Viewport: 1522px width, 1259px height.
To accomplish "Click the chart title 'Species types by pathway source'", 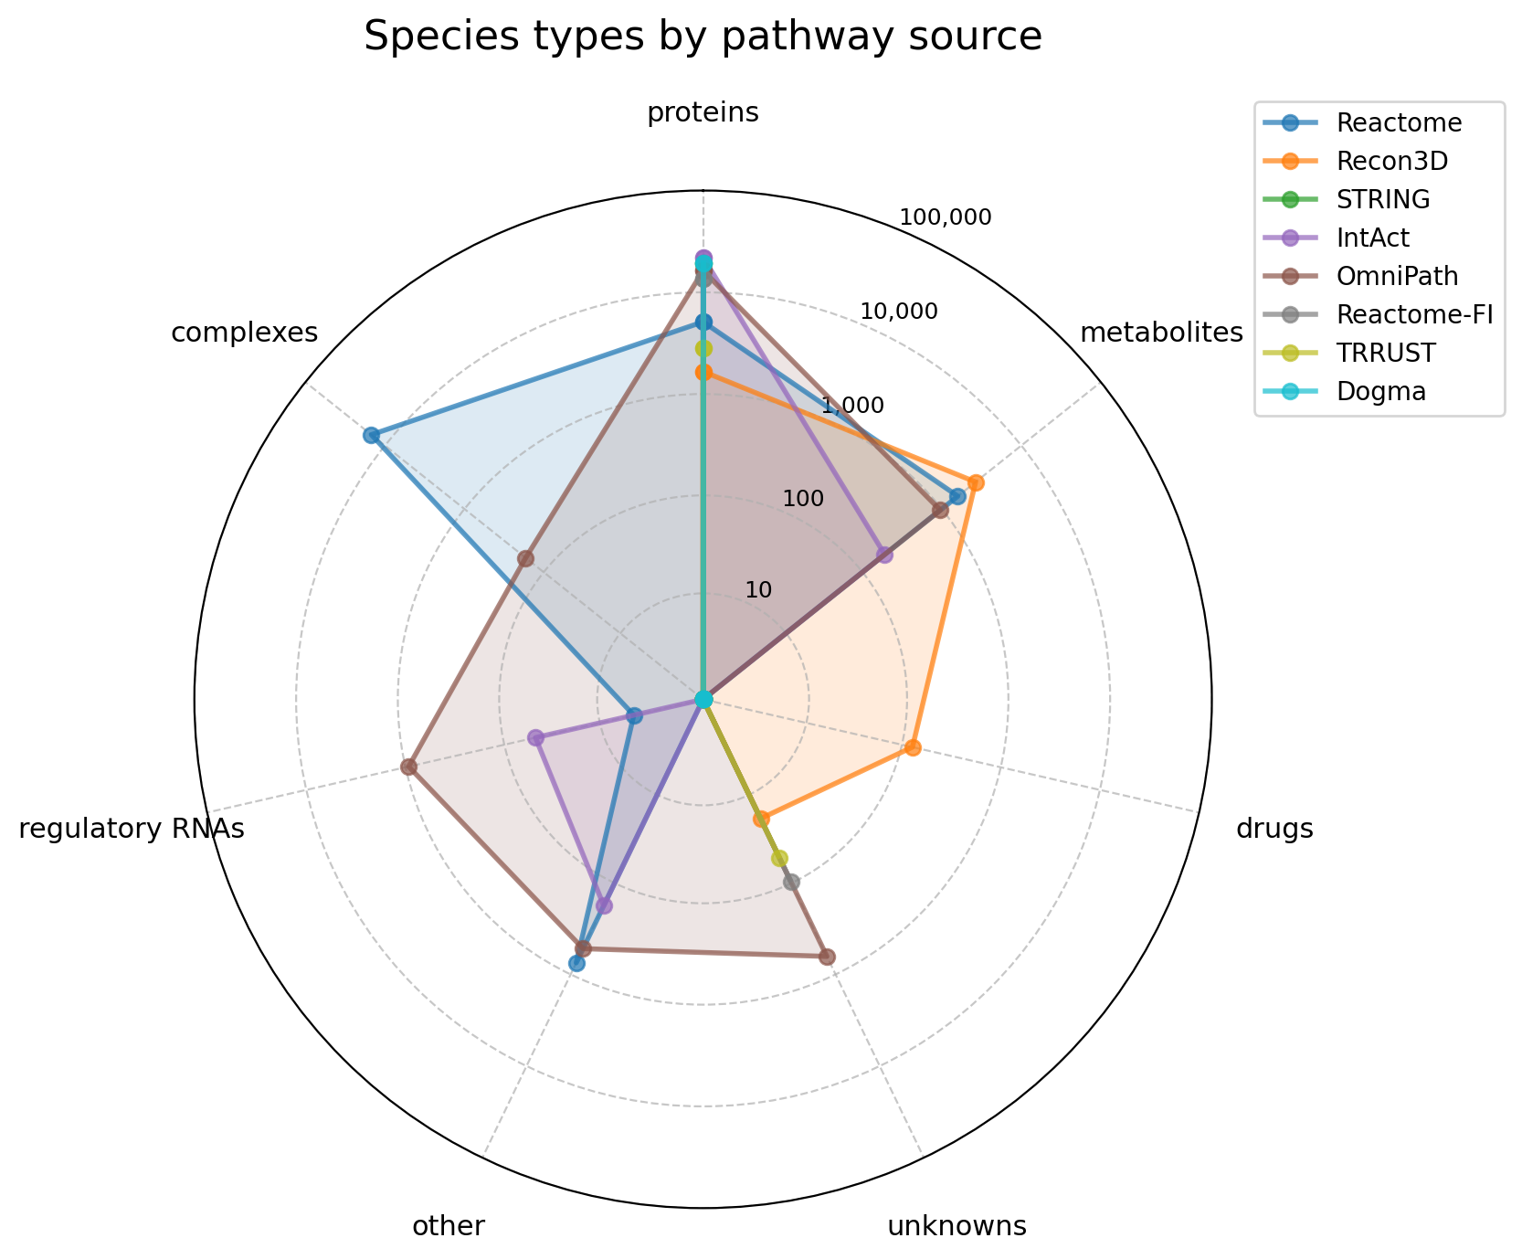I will [703, 37].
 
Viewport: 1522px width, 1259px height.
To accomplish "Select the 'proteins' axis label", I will [703, 112].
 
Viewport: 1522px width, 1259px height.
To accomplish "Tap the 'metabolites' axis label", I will [1161, 333].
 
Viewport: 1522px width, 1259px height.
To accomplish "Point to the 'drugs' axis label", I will [1274, 829].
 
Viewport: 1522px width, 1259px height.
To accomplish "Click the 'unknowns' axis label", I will [957, 1226].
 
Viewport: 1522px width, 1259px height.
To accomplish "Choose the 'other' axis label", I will [448, 1226].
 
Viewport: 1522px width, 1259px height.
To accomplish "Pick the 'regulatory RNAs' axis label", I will [132, 829].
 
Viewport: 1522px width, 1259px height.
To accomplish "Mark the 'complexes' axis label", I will [245, 333].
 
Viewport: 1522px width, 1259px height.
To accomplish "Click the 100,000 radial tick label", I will [945, 217].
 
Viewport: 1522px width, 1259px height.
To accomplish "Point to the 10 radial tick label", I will [758, 589].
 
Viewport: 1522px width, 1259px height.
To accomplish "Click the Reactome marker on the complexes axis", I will [371, 435].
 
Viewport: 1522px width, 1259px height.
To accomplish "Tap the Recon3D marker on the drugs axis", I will [912, 748].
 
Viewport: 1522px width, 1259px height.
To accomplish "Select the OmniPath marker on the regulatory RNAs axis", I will [409, 767].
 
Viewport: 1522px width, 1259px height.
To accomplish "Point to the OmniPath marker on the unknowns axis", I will [827, 957].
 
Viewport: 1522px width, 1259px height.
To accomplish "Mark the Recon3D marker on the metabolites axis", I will [976, 482].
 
